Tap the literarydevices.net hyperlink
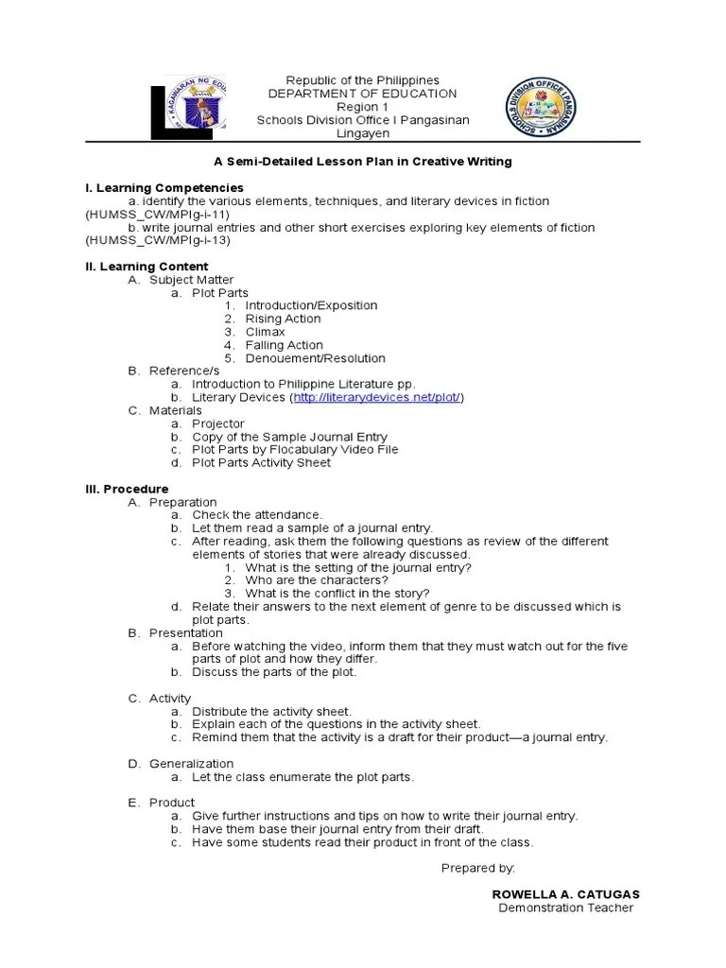pyautogui.click(x=377, y=398)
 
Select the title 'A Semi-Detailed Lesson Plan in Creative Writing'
pyautogui.click(x=362, y=162)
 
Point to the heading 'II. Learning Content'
pyautogui.click(x=147, y=267)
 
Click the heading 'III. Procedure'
pyautogui.click(x=127, y=489)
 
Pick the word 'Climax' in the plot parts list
pyautogui.click(x=265, y=332)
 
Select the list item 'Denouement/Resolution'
pyautogui.click(x=315, y=358)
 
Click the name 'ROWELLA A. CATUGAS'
pyautogui.click(x=566, y=894)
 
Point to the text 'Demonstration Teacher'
pyautogui.click(x=565, y=908)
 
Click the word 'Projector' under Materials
pyautogui.click(x=217, y=423)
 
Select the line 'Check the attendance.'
pyautogui.click(x=257, y=514)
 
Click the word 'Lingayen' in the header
pyautogui.click(x=363, y=134)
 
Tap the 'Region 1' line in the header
pyautogui.click(x=363, y=107)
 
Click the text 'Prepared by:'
pyautogui.click(x=478, y=867)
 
